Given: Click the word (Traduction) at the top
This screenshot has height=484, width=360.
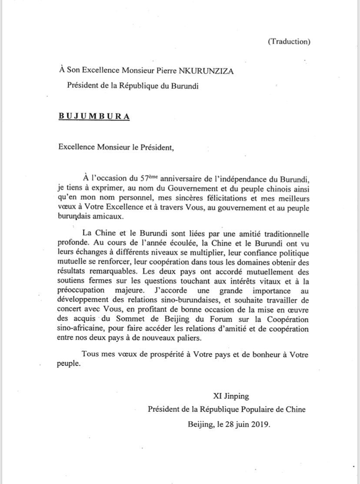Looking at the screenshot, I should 289,42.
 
